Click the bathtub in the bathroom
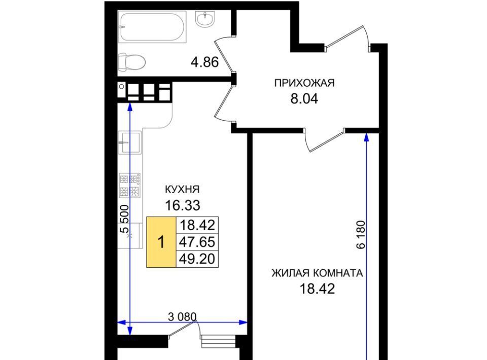(152, 27)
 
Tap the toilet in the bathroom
(132, 62)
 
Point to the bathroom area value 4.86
(204, 62)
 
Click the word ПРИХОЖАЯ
(304, 83)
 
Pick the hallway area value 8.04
(304, 99)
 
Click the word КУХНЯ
(182, 189)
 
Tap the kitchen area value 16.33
(183, 205)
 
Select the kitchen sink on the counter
(130, 142)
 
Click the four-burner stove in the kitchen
(130, 185)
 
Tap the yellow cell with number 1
(161, 242)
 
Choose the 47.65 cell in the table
(197, 242)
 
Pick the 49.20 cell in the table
(197, 259)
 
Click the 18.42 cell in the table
(197, 225)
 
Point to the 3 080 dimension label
(182, 317)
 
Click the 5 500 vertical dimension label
(125, 219)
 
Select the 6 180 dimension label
(361, 235)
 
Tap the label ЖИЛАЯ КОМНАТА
(317, 273)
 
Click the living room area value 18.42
(317, 289)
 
